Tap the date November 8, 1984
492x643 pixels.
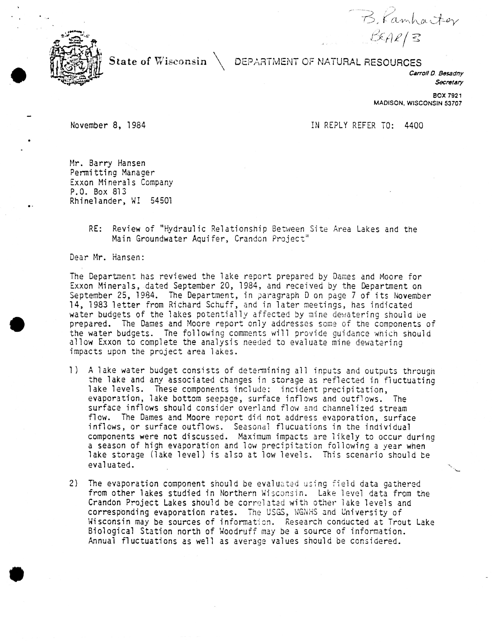(x=108, y=126)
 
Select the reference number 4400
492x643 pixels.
(x=414, y=126)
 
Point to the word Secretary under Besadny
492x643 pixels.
(x=449, y=82)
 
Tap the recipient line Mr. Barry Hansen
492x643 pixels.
(x=108, y=163)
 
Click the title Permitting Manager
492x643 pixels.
(x=112, y=173)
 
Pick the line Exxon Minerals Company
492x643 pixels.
(x=121, y=182)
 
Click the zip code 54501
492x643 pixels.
(x=161, y=201)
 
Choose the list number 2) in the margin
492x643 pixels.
(x=74, y=484)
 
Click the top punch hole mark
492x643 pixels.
(x=18, y=75)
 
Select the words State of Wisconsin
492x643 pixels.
(x=158, y=61)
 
